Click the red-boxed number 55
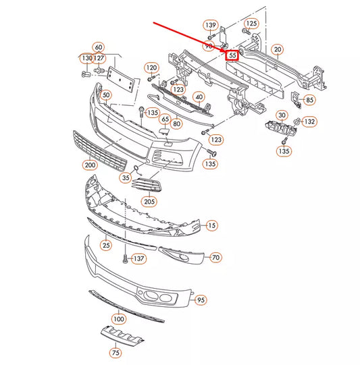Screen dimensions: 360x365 232,55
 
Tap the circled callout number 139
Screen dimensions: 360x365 211,25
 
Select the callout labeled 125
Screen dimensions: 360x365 251,24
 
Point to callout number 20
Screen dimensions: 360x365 278,49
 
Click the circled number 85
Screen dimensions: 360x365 309,100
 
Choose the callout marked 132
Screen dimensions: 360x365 309,121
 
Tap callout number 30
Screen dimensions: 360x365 282,115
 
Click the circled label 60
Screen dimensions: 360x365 99,47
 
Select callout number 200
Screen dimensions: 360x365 90,165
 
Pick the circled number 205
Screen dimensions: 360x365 149,201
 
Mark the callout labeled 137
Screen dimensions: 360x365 139,258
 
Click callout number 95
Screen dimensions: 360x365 201,300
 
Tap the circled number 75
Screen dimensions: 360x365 115,353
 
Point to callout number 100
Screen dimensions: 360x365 119,318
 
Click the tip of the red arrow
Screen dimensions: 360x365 225,51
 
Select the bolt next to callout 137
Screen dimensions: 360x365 125,259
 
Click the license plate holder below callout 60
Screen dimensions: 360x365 121,79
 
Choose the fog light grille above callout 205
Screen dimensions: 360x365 147,185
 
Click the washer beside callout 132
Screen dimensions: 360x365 297,121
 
